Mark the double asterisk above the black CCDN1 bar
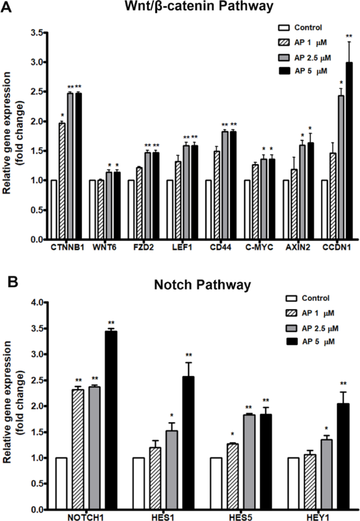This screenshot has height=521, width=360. click(x=348, y=36)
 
